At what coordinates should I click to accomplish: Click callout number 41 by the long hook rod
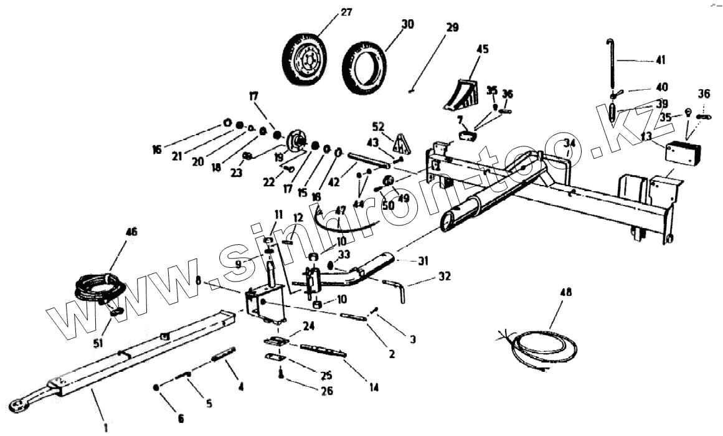click(x=660, y=60)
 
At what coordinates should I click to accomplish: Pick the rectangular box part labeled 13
click(x=683, y=152)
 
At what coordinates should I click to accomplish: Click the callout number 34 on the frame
click(x=567, y=145)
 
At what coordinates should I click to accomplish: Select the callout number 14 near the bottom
click(x=374, y=387)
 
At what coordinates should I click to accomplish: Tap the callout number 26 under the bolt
click(x=326, y=391)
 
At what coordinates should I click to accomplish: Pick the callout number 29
click(x=452, y=27)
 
